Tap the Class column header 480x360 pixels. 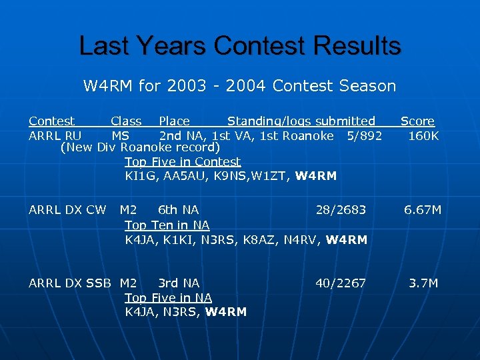point(126,121)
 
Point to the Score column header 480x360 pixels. point(417,121)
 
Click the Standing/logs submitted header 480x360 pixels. point(301,121)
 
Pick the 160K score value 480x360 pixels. point(423,136)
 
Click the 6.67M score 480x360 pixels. point(423,210)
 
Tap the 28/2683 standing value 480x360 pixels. point(341,210)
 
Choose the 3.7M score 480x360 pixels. point(423,283)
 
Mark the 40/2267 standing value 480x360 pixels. point(341,283)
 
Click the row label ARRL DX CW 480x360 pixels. point(67,210)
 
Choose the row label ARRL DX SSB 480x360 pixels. point(71,283)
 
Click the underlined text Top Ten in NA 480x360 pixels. point(167,225)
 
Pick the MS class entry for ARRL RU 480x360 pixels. point(120,136)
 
